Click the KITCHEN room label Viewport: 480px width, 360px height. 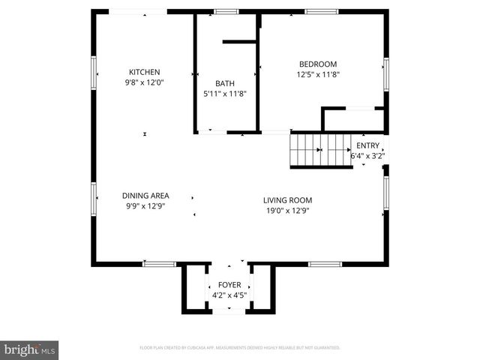pyautogui.click(x=144, y=72)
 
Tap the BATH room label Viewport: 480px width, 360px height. pyautogui.click(x=225, y=83)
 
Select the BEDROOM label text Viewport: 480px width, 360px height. pyautogui.click(x=318, y=64)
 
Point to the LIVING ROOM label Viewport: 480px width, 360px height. pyautogui.click(x=287, y=200)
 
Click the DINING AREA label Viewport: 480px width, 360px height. pyautogui.click(x=145, y=196)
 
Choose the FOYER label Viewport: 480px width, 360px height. pyautogui.click(x=229, y=285)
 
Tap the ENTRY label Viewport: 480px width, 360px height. pyautogui.click(x=367, y=145)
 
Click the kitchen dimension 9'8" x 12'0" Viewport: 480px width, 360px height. pyautogui.click(x=144, y=82)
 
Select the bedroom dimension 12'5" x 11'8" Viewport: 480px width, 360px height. pyautogui.click(x=318, y=74)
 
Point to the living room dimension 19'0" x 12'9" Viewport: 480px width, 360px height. pyautogui.click(x=287, y=211)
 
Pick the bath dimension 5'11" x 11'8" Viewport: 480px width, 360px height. pyautogui.click(x=225, y=94)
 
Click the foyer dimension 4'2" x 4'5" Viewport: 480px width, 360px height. pyautogui.click(x=229, y=295)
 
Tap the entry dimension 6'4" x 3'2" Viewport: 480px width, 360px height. pyautogui.click(x=367, y=157)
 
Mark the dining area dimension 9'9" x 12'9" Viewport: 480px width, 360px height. pyautogui.click(x=145, y=206)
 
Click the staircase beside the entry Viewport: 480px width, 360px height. pyautogui.click(x=321, y=150)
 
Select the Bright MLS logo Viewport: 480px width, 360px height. pyautogui.click(x=30, y=349)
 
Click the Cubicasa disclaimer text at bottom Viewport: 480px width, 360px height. pyautogui.click(x=240, y=348)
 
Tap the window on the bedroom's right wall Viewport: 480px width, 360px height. pyautogui.click(x=386, y=73)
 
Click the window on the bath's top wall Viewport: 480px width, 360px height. pyautogui.click(x=226, y=11)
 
